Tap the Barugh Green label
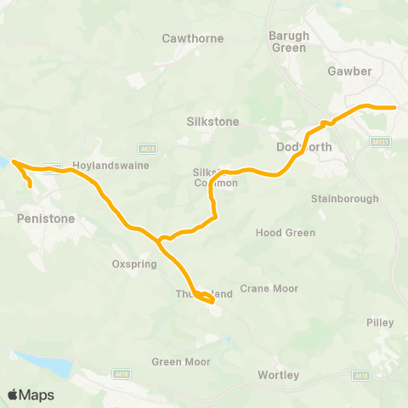(289, 42)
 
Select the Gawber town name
(349, 71)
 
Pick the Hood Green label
(286, 233)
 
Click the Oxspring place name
(131, 263)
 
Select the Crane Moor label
(269, 289)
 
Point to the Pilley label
(379, 323)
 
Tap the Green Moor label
(180, 361)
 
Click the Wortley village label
(277, 375)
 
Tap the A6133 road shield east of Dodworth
(382, 142)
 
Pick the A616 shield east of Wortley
(362, 375)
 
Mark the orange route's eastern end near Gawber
(395, 108)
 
